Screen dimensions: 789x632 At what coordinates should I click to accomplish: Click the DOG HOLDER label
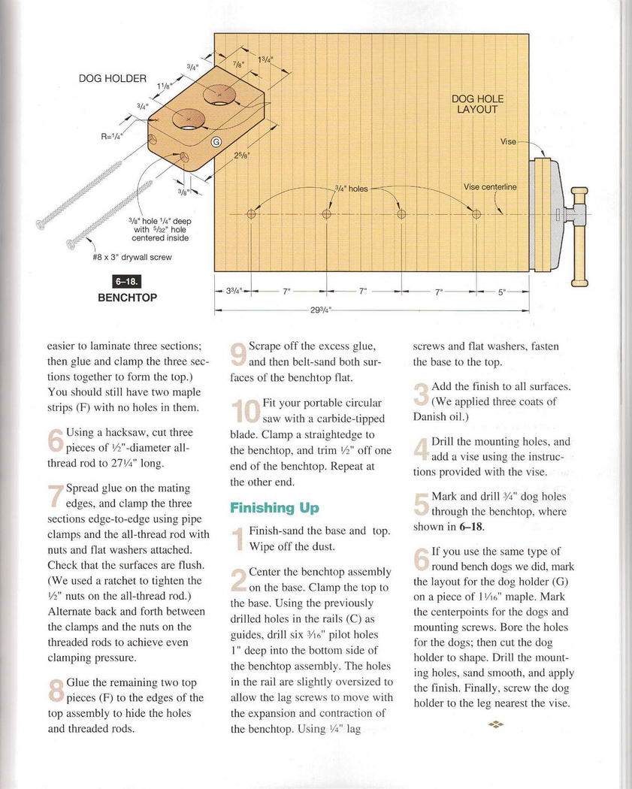(113, 78)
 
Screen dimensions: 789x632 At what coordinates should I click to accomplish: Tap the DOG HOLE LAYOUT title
(477, 104)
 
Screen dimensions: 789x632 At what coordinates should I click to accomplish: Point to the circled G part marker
(216, 143)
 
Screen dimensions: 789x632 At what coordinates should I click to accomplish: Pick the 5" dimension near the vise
(502, 292)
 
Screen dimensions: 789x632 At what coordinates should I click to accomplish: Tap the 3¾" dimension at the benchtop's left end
(233, 292)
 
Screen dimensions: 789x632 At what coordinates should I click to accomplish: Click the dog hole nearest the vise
(476, 214)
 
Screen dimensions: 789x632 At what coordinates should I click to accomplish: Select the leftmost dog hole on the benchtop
(251, 214)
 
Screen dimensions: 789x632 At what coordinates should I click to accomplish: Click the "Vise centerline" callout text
(490, 186)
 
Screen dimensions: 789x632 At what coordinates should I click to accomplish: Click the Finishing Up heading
(274, 508)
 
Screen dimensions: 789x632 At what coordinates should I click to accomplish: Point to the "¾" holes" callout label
(351, 189)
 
